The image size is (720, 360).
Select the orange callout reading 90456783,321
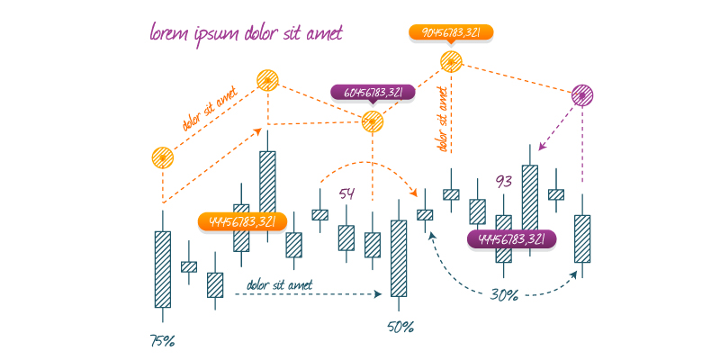tap(452, 32)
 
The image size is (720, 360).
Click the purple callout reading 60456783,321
tap(373, 92)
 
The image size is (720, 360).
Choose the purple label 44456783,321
tap(511, 239)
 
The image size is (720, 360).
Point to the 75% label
tap(162, 341)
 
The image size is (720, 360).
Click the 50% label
tap(400, 326)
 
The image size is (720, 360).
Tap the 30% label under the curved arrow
tap(504, 294)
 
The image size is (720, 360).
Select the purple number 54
tap(347, 194)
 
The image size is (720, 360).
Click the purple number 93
tap(504, 182)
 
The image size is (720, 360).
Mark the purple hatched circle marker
tap(583, 94)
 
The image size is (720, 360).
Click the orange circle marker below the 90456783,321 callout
tap(451, 62)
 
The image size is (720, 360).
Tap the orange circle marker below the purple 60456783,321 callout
tap(373, 121)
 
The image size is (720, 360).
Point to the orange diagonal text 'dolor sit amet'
tap(209, 110)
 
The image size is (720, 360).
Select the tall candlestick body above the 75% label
tap(162, 269)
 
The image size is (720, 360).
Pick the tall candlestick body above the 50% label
tap(398, 258)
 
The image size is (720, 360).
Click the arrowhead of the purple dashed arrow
tap(541, 147)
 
